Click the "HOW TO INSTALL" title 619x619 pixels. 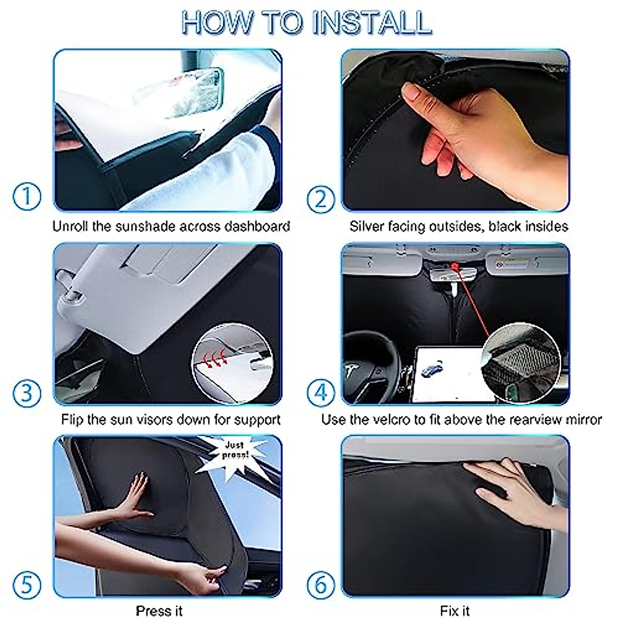tap(306, 23)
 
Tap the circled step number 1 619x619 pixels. tap(26, 198)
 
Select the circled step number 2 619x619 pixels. tap(321, 199)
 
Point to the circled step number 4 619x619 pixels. tap(321, 393)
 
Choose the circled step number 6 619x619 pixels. tap(321, 585)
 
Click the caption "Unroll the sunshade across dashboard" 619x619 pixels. tap(171, 226)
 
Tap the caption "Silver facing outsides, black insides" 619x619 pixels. tap(459, 226)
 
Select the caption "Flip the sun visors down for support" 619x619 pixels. tap(171, 419)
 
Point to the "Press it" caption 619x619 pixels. tap(159, 611)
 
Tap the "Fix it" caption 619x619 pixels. tap(455, 611)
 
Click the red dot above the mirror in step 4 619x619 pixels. tap(455, 267)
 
